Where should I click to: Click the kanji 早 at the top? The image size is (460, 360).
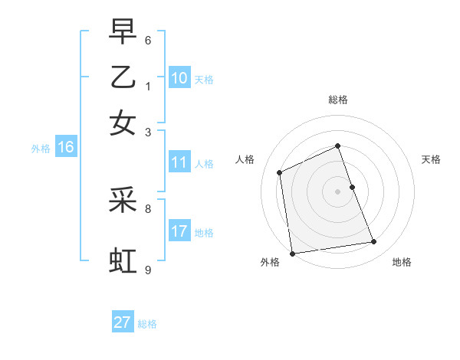point(123,33)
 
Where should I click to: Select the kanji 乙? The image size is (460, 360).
point(123,77)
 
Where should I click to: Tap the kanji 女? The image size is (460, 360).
point(123,123)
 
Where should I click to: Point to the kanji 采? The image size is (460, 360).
point(123,201)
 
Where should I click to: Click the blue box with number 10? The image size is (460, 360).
point(179,78)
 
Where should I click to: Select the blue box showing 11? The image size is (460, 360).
point(179,162)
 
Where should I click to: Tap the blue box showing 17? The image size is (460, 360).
point(179,231)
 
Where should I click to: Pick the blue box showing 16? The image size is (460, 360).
point(66,148)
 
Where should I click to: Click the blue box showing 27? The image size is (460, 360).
point(123,322)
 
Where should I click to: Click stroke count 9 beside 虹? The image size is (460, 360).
point(148,270)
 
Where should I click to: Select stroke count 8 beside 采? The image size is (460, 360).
point(148,208)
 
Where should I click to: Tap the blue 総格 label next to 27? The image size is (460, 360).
point(147,324)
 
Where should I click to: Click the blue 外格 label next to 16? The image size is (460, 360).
point(41,149)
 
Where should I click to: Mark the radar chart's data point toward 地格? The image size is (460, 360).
point(374,242)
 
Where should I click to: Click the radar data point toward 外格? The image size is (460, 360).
point(292,254)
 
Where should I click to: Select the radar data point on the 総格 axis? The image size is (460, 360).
point(337,146)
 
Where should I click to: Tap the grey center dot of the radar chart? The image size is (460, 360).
point(337,191)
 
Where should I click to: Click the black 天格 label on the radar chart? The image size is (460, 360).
point(431,159)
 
